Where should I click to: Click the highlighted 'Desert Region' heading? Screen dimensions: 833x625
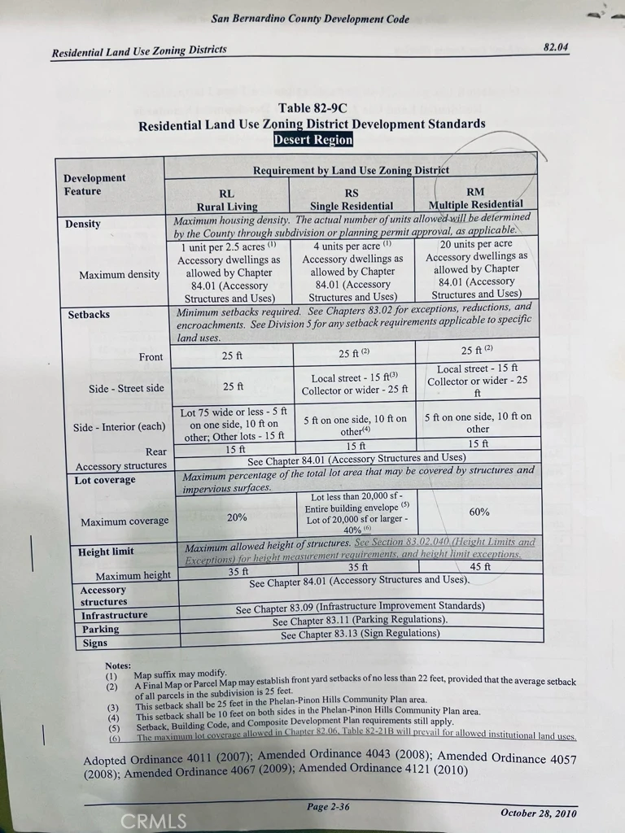(x=312, y=140)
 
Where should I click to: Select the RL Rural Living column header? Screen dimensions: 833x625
(x=226, y=199)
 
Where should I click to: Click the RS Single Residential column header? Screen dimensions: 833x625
(x=351, y=199)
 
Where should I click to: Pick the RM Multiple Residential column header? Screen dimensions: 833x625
(x=475, y=198)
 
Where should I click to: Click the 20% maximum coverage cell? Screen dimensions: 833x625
(x=237, y=517)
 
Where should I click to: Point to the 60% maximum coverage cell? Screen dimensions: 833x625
(x=479, y=512)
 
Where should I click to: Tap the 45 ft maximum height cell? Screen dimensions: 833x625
(x=480, y=567)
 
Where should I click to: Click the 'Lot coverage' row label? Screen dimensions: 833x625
(x=106, y=480)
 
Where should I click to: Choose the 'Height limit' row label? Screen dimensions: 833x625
(x=106, y=552)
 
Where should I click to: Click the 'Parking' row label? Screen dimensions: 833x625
(x=100, y=629)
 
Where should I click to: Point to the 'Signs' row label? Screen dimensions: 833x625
(x=95, y=643)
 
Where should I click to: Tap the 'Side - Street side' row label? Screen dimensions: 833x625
(x=126, y=389)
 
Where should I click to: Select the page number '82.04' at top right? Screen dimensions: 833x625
(x=556, y=47)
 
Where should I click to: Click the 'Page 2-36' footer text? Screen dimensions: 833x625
(x=328, y=806)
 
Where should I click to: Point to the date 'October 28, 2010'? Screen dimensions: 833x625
(x=538, y=813)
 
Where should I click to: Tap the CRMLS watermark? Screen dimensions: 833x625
(x=153, y=821)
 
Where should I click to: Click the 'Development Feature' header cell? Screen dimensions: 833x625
(x=94, y=185)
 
